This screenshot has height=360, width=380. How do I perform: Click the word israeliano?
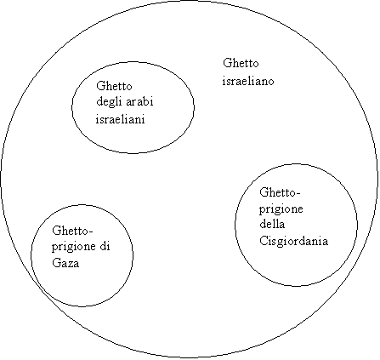coord(248,81)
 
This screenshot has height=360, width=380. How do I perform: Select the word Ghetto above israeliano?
coord(241,63)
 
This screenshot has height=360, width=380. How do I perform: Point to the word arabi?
coord(139,101)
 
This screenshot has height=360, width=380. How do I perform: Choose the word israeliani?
coord(121,119)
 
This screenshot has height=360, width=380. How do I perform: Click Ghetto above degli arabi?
coord(114,86)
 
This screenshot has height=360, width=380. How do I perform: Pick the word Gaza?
coord(65,263)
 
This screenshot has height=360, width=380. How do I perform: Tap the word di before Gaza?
coord(105,246)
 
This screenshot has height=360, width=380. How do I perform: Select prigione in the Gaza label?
coord(74,247)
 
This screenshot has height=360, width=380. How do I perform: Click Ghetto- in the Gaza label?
coord(72,231)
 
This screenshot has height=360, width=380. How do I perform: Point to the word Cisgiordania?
coord(294,242)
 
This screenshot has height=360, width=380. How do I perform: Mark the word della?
coord(272,224)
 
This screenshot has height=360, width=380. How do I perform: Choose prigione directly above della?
coord(281,210)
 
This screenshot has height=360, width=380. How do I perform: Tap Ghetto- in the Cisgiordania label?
coord(280,192)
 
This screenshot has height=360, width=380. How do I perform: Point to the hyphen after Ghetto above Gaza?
coord(91,232)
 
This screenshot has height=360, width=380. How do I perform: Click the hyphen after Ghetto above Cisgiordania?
coord(298,194)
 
